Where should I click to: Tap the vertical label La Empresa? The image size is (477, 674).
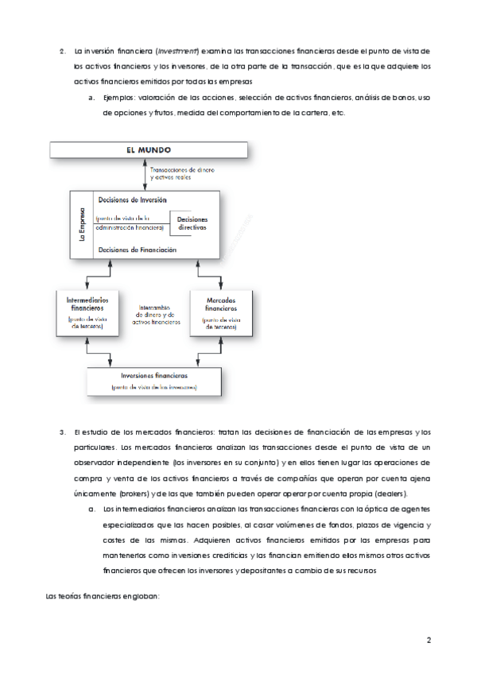(81, 225)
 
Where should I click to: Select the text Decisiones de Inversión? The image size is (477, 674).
(130, 200)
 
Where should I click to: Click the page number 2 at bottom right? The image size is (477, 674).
(428, 641)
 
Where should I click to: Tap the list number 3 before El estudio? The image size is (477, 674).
(62, 432)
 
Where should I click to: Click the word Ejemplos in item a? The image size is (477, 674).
(120, 99)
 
